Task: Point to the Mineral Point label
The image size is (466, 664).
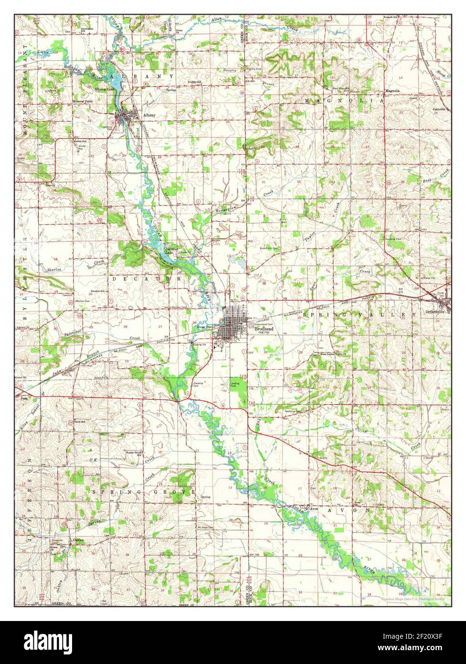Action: click(82, 102)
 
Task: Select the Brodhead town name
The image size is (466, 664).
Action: click(264, 329)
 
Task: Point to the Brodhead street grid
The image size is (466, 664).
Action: click(234, 325)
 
